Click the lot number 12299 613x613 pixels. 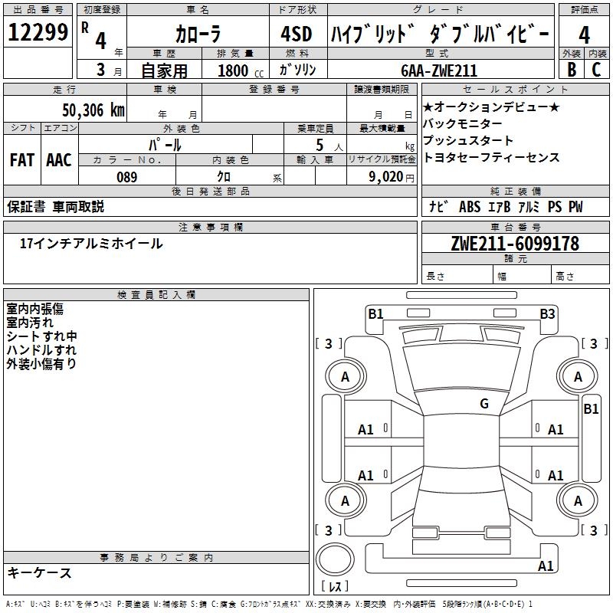pos(38,34)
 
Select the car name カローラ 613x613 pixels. pos(198,35)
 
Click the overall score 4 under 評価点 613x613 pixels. pos(584,35)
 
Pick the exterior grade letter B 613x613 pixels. pos(570,70)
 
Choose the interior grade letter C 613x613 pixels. pos(596,70)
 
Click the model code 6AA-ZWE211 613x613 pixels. pos(439,70)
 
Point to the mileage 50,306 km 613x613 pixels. pos(88,110)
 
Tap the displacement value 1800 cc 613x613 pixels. pos(238,70)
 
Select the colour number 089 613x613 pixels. pos(126,176)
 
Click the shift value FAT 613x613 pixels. pos(22,160)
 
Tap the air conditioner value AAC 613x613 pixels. pos(59,160)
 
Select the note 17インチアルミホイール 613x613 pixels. pos(91,244)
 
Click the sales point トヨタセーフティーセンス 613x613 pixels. pos(491,158)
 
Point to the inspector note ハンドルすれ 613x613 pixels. pos(41,350)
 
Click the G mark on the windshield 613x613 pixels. pos(484,404)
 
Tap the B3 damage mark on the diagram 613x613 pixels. pos(547,313)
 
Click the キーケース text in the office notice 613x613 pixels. pos(40,572)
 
